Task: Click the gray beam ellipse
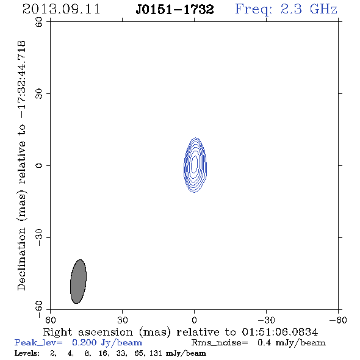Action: (x=78, y=281)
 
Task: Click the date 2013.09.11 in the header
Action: (x=61, y=9)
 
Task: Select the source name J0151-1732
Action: (x=175, y=10)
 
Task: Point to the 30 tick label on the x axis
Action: (x=123, y=320)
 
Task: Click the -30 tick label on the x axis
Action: (x=267, y=320)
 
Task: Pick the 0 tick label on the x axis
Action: (x=194, y=320)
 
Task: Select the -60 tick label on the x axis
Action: (x=338, y=320)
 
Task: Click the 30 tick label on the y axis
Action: (x=39, y=94)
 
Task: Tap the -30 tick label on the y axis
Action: (x=39, y=237)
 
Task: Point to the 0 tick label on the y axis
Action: (x=39, y=165)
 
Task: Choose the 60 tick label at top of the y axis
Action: (x=39, y=22)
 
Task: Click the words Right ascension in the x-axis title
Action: (x=88, y=332)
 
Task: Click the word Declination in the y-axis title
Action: (x=21, y=259)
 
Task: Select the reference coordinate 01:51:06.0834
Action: (x=280, y=332)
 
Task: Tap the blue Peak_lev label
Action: (x=38, y=343)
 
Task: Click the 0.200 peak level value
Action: (x=84, y=342)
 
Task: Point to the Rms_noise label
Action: (x=220, y=343)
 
